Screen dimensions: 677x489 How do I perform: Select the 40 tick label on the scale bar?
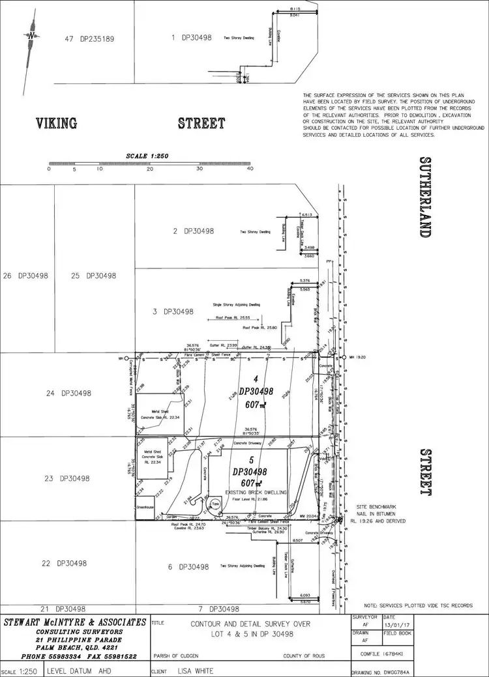[x=250, y=169]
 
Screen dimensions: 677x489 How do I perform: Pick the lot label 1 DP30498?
[x=191, y=38]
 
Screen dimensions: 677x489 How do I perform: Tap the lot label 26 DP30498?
[x=25, y=276]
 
